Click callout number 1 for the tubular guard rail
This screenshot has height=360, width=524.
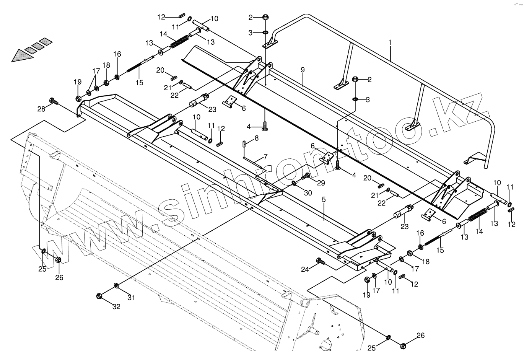[x=390, y=42]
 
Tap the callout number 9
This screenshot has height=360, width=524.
[x=302, y=70]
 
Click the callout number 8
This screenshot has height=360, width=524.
[x=256, y=138]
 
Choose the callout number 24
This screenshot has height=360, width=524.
[x=305, y=269]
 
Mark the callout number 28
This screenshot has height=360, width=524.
[x=41, y=109]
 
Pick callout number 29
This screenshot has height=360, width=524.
[x=321, y=183]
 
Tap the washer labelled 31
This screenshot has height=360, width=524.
[x=116, y=285]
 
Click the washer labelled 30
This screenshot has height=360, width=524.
[x=293, y=184]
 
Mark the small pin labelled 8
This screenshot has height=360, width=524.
[x=244, y=144]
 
